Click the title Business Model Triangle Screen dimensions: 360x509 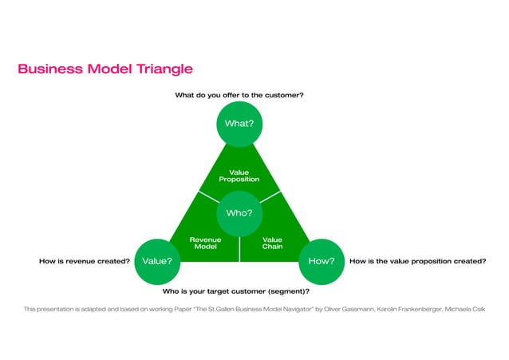pyautogui.click(x=105, y=69)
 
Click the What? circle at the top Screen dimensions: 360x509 pyautogui.click(x=239, y=124)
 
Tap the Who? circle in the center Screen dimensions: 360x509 pyautogui.click(x=239, y=213)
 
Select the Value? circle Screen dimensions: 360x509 pyautogui.click(x=156, y=260)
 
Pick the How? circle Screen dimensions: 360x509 pyautogui.click(x=321, y=260)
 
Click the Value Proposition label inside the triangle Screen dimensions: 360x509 pyautogui.click(x=239, y=176)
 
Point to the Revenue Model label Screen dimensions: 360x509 pyautogui.click(x=205, y=243)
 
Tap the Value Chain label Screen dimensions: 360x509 pyautogui.click(x=272, y=243)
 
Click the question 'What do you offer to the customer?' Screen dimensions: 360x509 pyautogui.click(x=239, y=95)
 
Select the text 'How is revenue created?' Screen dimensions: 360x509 pyautogui.click(x=84, y=260)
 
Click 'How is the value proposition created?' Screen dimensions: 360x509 pyautogui.click(x=417, y=260)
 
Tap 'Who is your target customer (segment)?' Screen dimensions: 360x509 pyautogui.click(x=236, y=291)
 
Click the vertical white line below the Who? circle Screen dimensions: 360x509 pyautogui.click(x=239, y=249)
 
